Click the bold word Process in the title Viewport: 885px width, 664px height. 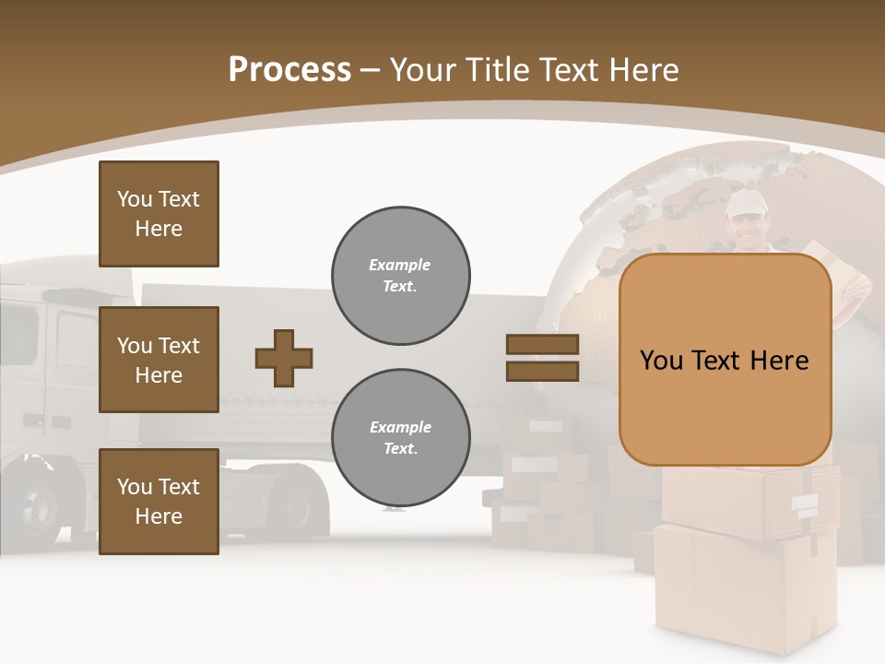coord(289,70)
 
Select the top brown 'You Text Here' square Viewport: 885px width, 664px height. coord(159,214)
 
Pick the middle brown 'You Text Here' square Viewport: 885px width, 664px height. coord(159,360)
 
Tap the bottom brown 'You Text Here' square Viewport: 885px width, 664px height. coord(159,502)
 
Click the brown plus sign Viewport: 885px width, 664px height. coord(284,358)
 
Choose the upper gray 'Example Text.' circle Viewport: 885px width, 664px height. coord(400,276)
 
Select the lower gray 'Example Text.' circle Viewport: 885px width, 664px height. coord(400,438)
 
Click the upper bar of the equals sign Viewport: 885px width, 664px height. coord(542,345)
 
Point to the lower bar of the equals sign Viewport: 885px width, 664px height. coord(542,371)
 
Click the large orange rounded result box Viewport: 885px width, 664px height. coord(725,360)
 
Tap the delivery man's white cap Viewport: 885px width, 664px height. coord(746,204)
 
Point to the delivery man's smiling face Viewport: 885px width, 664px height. coord(746,228)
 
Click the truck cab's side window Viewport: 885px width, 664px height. coord(74,341)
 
